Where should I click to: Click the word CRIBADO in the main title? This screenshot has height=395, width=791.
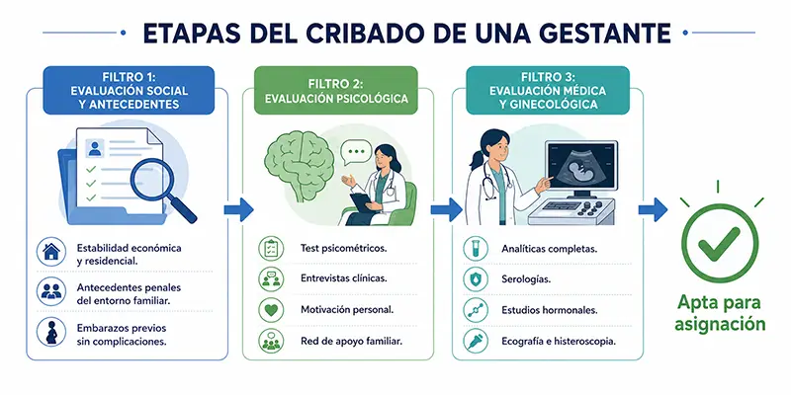coord(360,33)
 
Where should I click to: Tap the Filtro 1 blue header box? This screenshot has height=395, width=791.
coord(130,91)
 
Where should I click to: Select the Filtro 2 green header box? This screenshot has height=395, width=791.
coord(336,91)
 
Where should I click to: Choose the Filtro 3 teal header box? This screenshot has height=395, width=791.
coord(548,91)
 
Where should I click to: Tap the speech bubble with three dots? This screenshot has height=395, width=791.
coord(356,153)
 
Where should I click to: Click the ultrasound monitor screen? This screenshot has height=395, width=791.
coord(581,166)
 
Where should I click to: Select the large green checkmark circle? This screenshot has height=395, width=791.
coord(720,243)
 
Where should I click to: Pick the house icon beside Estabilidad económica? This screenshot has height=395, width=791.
coord(51,252)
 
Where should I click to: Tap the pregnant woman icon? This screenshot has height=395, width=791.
coord(51,332)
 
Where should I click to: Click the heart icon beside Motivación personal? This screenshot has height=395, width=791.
coord(271,310)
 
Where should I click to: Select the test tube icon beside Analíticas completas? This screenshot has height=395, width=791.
coord(476,249)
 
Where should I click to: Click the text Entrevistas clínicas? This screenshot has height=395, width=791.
coord(343,278)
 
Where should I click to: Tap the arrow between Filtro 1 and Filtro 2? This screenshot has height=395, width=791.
coord(238,209)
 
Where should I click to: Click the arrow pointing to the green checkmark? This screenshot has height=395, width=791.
coord(653,209)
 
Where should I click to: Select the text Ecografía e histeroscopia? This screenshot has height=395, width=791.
coord(559,341)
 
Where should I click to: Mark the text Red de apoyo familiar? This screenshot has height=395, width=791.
coord(351,341)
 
